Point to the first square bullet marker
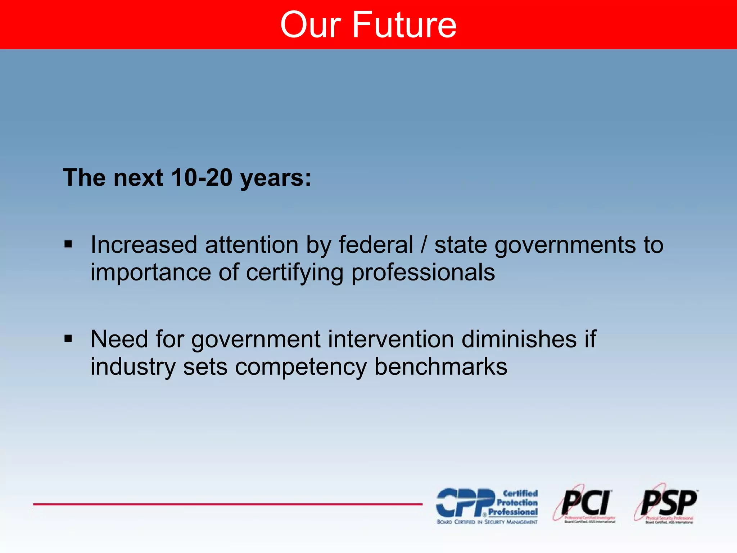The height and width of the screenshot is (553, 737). [68, 245]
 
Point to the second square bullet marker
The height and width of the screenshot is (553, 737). [68, 339]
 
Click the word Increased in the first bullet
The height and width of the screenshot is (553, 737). [144, 245]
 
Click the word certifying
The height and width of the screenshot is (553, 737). [294, 273]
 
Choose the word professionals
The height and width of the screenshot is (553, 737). [423, 273]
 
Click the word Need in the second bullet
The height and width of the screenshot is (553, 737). [119, 339]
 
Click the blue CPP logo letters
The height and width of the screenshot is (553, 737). [465, 503]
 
